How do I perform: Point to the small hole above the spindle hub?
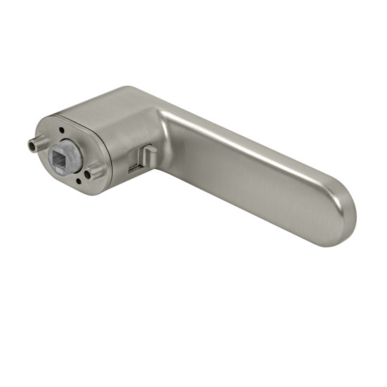point(63,131)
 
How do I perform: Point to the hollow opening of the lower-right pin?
point(88,173)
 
